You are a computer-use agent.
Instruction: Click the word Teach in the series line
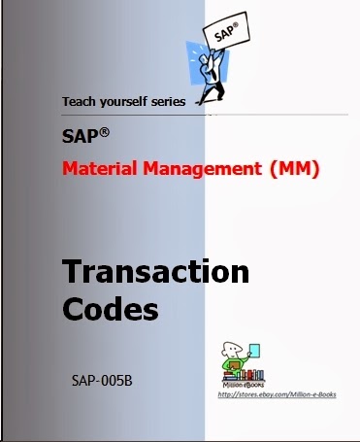pos(80,101)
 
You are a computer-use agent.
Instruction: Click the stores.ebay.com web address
pos(277,394)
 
